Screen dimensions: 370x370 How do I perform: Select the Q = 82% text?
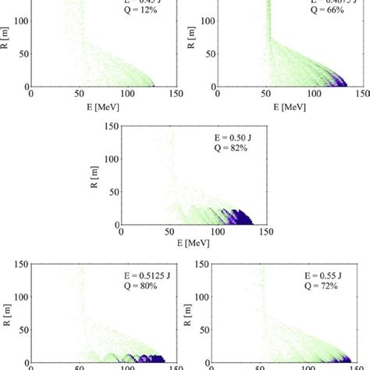pyautogui.click(x=232, y=146)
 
